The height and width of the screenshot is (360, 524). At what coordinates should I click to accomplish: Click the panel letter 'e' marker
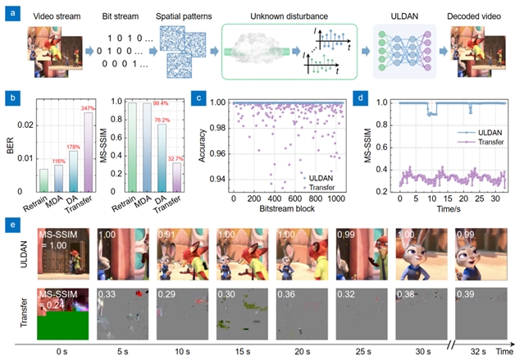8,221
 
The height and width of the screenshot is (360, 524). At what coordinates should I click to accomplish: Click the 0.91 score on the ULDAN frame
167,235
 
